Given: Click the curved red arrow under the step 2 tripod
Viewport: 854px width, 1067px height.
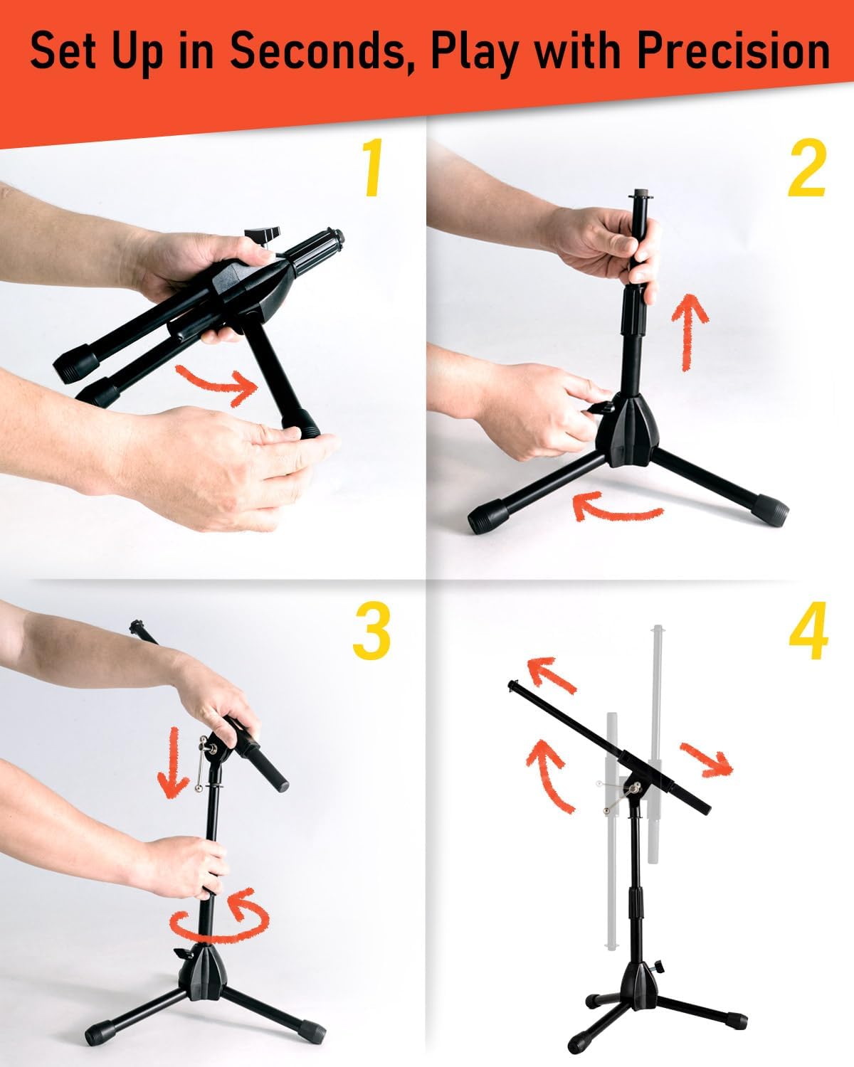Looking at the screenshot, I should tap(615, 508).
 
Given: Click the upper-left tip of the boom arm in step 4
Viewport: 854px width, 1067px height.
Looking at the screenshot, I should tap(513, 684).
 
